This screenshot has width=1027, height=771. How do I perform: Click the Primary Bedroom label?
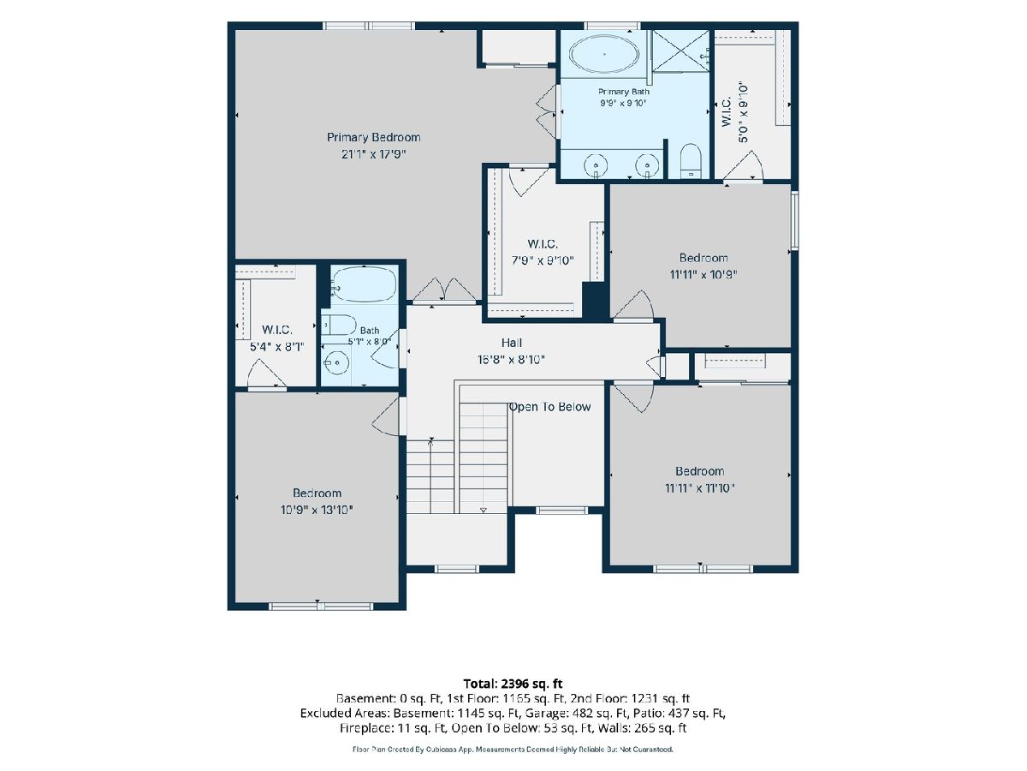click(373, 137)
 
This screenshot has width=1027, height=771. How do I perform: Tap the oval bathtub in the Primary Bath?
click(604, 54)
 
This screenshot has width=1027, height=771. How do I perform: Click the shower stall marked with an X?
click(680, 51)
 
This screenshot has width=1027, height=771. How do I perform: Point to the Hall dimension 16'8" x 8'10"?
click(512, 360)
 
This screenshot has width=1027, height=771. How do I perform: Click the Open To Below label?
click(549, 407)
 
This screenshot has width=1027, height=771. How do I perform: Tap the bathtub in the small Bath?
click(365, 284)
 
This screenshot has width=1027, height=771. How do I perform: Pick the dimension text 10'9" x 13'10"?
click(317, 510)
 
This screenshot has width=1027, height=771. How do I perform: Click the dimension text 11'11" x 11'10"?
click(699, 488)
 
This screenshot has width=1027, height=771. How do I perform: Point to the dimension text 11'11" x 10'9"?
click(703, 274)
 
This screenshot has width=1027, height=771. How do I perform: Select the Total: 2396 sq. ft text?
click(513, 684)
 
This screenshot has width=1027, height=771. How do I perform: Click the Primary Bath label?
click(624, 92)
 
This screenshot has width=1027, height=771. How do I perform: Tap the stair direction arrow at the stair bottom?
click(484, 510)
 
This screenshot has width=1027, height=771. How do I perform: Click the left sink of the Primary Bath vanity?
click(596, 165)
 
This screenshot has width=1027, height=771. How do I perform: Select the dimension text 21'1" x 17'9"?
click(373, 154)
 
